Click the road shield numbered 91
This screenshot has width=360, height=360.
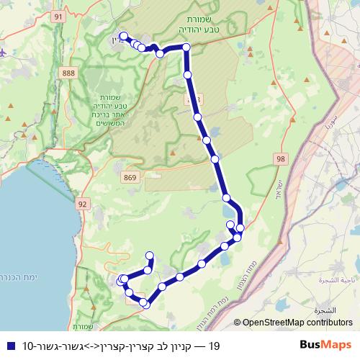tap(59, 16)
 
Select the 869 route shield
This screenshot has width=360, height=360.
tap(131, 176)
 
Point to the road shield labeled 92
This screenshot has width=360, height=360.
tap(82, 204)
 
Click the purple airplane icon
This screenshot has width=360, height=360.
tap(3, 53)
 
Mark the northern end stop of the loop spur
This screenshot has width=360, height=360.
tap(150, 255)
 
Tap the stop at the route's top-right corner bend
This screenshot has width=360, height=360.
tap(186, 48)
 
